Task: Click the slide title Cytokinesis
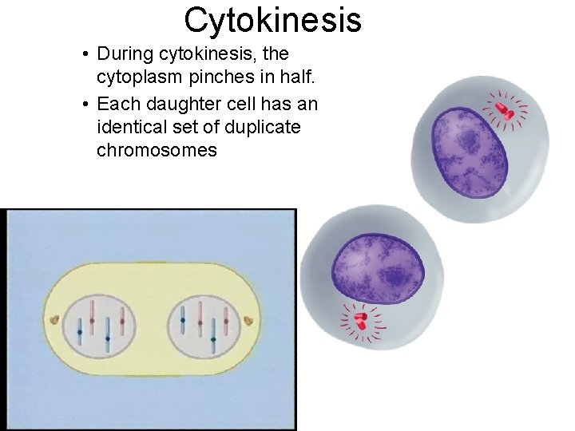coord(272,20)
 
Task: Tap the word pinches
coord(204,77)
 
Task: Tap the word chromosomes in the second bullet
coord(157,150)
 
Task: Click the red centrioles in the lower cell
coord(359,321)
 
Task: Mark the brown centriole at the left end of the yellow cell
coord(54,320)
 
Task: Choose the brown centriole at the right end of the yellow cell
coord(249,321)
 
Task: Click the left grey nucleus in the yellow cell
coord(101,326)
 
